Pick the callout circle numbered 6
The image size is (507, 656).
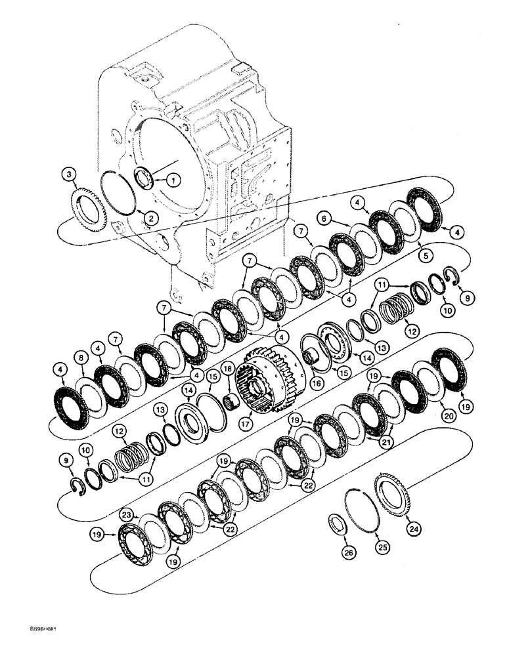pyautogui.click(x=324, y=216)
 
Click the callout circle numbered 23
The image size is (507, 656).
pyautogui.click(x=127, y=516)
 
